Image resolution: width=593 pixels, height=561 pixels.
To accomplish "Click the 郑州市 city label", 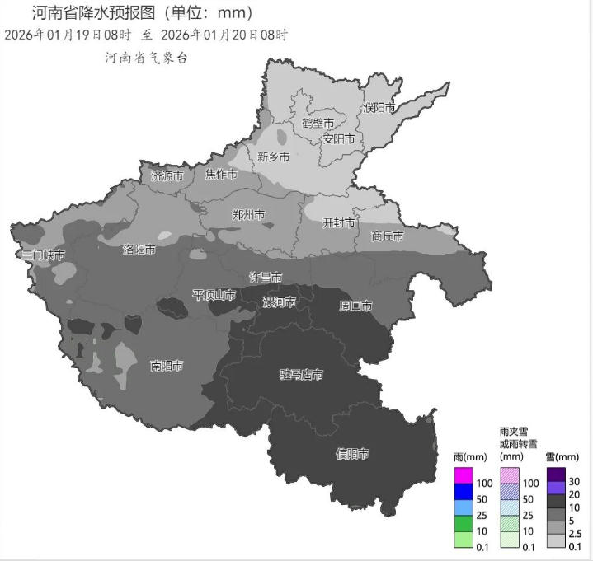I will [x=248, y=215].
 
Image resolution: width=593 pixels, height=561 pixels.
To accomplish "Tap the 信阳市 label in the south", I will [x=351, y=454].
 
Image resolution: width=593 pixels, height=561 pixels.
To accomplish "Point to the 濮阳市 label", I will [x=379, y=108].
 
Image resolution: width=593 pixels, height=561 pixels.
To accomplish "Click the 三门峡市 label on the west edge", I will [x=43, y=255].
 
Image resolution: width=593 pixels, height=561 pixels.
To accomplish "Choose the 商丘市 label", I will [x=387, y=236].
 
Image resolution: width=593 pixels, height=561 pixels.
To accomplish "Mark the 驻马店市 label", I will [x=301, y=376].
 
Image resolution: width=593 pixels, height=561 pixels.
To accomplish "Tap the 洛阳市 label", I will [x=139, y=250].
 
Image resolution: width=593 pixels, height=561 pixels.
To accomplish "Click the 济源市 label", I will [x=167, y=175].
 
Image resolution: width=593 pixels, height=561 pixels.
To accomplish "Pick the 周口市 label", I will [x=355, y=306].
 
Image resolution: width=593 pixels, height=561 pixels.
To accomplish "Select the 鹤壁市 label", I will [x=318, y=123].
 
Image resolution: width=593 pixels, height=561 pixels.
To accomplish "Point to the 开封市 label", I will [x=338, y=223].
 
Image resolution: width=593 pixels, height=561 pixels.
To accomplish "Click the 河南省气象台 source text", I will [x=147, y=58].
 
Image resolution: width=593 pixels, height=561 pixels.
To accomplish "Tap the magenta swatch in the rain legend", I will [x=464, y=475].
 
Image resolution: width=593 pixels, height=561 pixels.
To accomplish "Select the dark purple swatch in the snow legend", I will [x=556, y=474].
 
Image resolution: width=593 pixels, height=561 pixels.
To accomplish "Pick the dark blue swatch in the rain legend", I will [x=464, y=491].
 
